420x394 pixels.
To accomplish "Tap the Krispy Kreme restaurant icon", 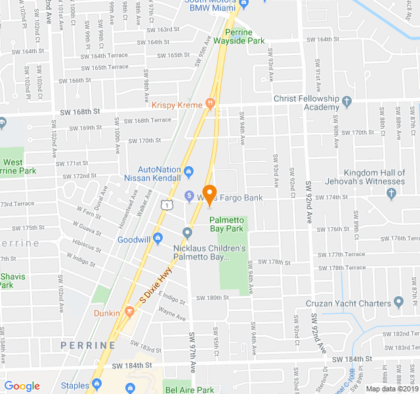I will (209, 102).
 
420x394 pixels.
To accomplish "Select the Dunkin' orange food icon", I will (129, 313).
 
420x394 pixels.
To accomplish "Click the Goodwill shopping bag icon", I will (158, 240).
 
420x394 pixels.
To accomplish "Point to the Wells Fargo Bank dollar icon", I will (188, 195).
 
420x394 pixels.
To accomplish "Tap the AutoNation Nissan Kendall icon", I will (189, 172).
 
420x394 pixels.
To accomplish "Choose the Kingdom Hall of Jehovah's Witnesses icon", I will (392, 193).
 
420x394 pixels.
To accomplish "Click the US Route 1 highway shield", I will (167, 206).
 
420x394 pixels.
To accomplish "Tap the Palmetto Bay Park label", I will (227, 225).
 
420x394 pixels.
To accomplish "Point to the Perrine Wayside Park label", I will (244, 36).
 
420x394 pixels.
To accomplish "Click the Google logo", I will (22, 386).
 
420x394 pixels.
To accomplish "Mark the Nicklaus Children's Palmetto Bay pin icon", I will (188, 232).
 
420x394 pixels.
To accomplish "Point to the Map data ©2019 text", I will (392, 389).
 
